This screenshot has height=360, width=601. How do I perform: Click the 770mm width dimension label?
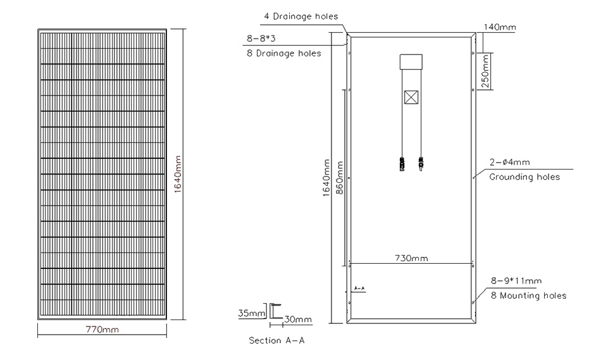click(x=102, y=330)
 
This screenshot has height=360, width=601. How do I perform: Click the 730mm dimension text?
click(x=411, y=258)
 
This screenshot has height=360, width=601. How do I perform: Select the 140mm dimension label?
click(x=499, y=28)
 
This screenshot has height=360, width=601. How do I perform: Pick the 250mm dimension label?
click(x=485, y=71)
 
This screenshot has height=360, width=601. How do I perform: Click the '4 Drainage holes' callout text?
click(x=300, y=16)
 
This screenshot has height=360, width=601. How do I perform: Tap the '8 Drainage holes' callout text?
click(x=283, y=53)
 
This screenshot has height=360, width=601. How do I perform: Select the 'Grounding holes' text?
click(x=524, y=177)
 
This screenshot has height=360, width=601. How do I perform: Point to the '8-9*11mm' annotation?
click(x=516, y=280)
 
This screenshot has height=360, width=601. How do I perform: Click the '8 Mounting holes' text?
click(x=528, y=295)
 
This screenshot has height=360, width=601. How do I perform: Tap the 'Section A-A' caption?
click(x=276, y=340)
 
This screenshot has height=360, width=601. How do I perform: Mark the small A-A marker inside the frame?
click(x=359, y=289)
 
